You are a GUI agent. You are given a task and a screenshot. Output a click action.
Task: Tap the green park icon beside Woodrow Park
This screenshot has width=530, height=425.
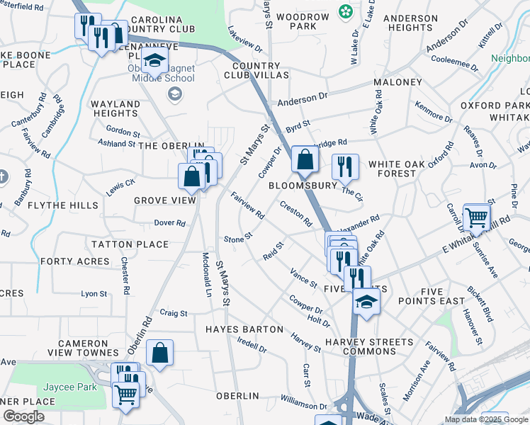point(345,11)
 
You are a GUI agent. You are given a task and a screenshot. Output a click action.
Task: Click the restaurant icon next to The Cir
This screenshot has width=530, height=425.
point(345,166)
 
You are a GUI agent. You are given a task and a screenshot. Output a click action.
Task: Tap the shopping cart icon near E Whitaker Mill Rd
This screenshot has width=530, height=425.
point(477,217)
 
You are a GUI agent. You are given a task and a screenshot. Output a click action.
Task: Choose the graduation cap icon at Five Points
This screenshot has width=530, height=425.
point(366,302)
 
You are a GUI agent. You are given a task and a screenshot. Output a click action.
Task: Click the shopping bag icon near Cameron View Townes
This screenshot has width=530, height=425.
point(160,353)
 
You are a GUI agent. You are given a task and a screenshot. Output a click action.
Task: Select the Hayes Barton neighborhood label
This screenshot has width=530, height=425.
point(244,329)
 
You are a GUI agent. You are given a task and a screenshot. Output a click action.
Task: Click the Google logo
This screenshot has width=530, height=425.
point(23,416)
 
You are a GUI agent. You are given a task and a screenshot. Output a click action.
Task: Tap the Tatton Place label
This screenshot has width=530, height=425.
point(130,244)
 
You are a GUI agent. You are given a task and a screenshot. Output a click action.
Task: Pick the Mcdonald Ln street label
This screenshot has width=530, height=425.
point(207,275)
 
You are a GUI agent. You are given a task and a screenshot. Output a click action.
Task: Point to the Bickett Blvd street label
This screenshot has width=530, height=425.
point(480,304)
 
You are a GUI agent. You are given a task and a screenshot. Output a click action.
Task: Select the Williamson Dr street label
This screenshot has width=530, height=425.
point(304,405)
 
